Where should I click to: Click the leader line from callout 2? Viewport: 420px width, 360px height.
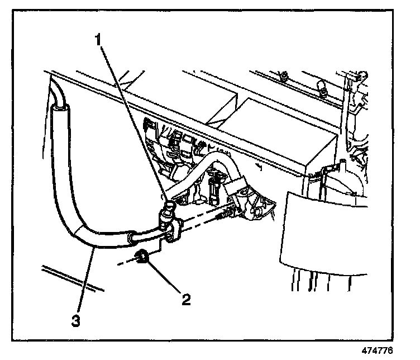(165, 278)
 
